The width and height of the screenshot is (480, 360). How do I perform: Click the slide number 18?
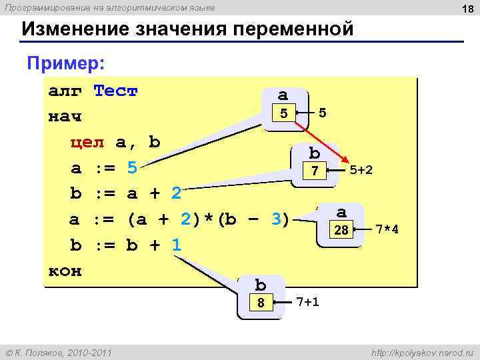coord(466,7)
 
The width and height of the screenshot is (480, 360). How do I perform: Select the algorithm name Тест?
coord(115,91)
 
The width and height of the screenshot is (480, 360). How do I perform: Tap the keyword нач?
coord(65,117)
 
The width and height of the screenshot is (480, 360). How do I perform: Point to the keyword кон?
coord(65,271)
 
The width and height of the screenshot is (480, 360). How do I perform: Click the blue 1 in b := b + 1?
coord(176,245)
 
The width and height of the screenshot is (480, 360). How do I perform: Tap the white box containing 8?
coord(261,303)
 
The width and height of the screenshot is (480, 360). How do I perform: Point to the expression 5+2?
coord(361,171)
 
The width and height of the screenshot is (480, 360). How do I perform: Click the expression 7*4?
coord(388,230)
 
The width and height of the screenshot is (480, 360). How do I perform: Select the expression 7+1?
coord(307,302)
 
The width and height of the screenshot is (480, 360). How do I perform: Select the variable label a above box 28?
coord(341,212)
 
